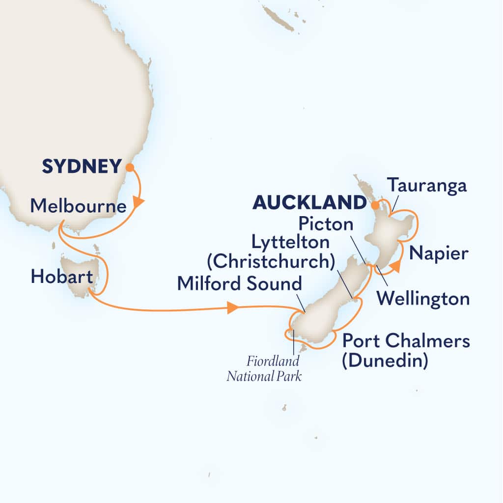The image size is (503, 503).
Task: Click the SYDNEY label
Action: [81, 167]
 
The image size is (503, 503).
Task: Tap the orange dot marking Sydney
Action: [130, 168]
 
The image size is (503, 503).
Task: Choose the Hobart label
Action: [62, 278]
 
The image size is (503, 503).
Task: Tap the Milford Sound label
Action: [239, 283]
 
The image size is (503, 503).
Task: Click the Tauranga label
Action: [426, 186]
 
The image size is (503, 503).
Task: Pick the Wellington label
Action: [422, 298]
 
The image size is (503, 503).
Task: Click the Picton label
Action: [325, 224]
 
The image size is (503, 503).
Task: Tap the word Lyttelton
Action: [289, 243]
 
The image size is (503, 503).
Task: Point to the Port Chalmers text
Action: [406, 340]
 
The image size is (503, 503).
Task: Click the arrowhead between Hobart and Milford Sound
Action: [233, 308]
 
